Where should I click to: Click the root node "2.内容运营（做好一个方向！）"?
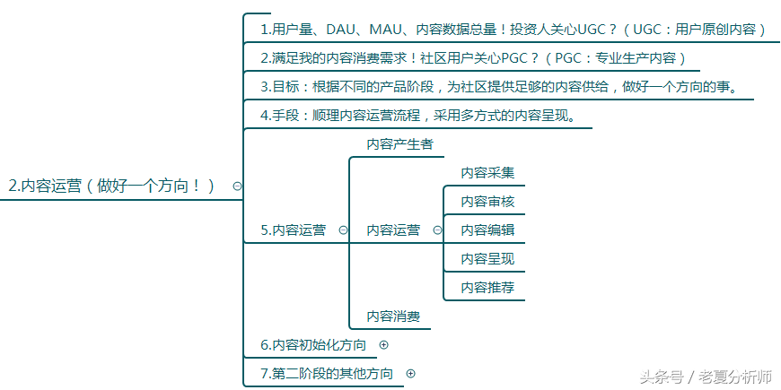112,186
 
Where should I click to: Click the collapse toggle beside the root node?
237,186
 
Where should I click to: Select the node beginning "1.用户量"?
513,30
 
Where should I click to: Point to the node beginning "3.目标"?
498,87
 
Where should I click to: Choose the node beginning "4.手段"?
417,116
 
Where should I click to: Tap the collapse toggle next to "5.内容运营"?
343,230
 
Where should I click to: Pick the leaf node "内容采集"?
487,173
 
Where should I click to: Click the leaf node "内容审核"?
487,202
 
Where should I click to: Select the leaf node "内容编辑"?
487,230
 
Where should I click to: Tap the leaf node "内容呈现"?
487,259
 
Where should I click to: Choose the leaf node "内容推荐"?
487,288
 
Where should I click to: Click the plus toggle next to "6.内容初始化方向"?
384,344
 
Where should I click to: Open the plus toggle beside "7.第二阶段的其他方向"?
410,373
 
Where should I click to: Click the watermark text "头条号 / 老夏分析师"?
706,377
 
